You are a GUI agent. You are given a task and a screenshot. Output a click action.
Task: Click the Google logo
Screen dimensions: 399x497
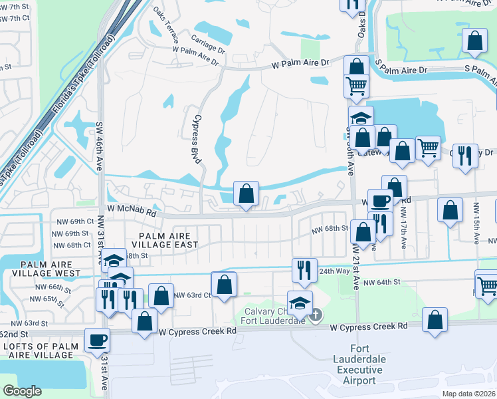click(22, 391)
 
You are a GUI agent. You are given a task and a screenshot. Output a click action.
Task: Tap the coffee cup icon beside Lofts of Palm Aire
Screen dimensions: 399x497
click(98, 340)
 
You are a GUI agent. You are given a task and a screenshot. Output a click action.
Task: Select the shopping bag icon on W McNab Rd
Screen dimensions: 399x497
click(246, 194)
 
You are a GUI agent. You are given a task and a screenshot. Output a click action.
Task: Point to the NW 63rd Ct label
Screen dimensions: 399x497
click(192, 295)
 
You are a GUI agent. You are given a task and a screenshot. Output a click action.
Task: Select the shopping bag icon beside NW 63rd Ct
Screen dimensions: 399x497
click(225, 284)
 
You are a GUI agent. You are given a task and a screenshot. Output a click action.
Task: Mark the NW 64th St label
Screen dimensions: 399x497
click(383, 282)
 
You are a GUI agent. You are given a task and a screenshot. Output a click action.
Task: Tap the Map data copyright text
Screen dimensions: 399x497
click(468, 394)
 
